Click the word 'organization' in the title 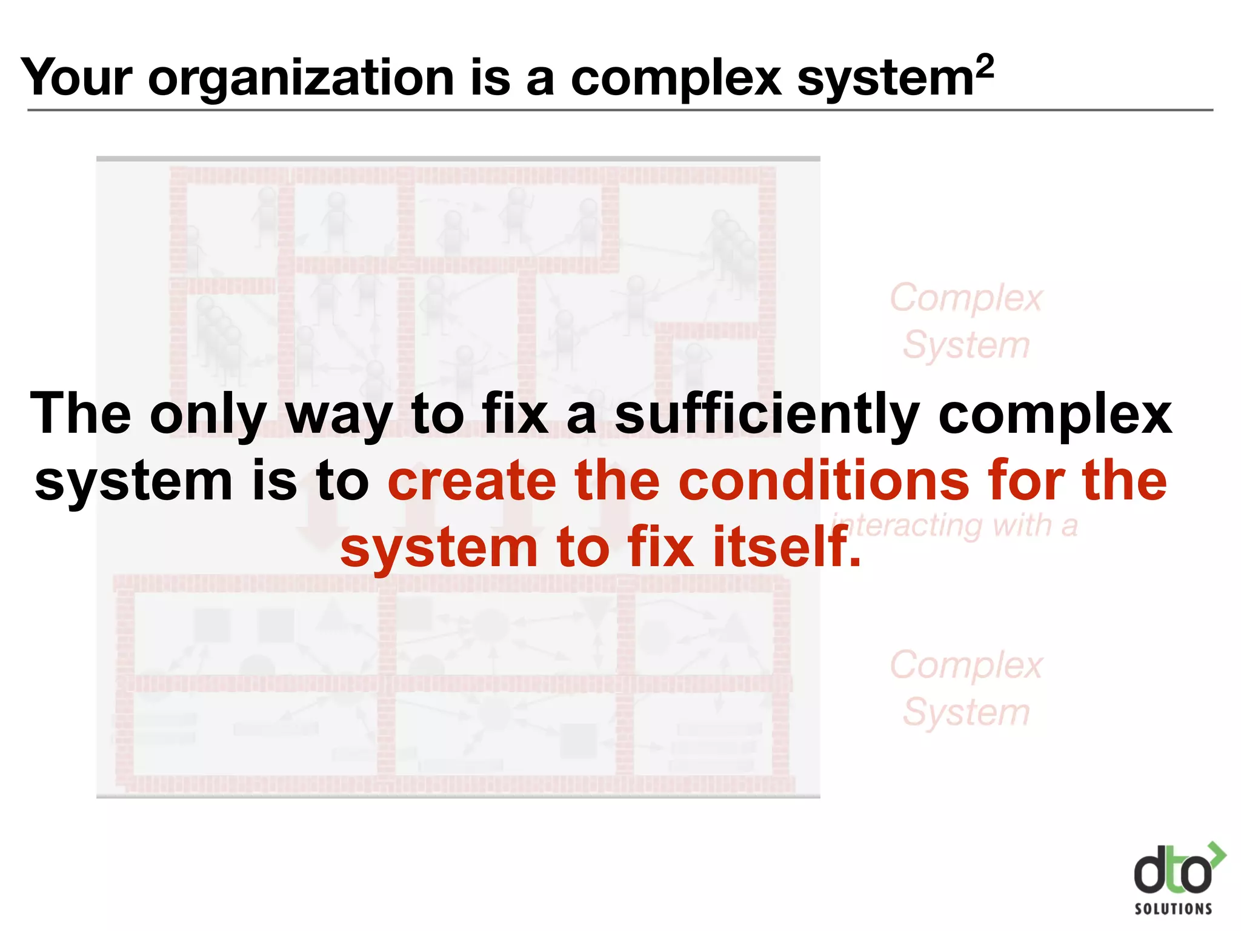(301, 79)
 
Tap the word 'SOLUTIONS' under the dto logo (1173, 909)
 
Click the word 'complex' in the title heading (676, 79)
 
